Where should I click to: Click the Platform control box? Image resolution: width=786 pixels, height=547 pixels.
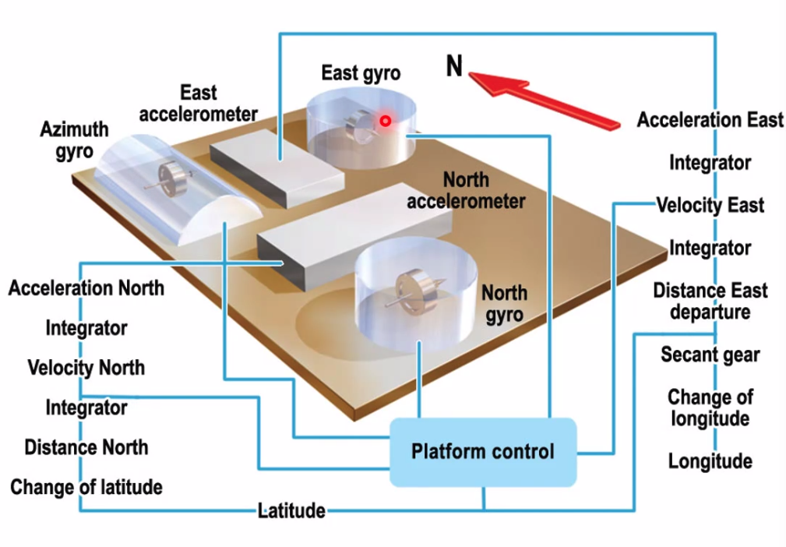pos(482,452)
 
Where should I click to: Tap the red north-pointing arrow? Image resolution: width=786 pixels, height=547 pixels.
pos(545,97)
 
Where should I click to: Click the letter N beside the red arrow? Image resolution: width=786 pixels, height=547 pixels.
pos(454,67)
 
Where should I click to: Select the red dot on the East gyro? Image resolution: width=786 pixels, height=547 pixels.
pos(385,122)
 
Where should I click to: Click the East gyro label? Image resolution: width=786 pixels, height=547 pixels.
pos(361,73)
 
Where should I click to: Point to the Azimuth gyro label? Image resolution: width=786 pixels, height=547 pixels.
pos(74,140)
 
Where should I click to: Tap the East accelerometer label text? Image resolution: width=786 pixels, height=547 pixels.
pos(198,104)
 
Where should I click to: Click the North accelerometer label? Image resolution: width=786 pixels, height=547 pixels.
pos(466,190)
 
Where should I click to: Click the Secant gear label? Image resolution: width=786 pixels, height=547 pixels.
pos(710,355)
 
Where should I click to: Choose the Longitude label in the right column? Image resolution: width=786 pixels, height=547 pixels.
pos(710,461)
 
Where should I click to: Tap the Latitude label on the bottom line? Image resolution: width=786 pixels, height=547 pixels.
pos(291,511)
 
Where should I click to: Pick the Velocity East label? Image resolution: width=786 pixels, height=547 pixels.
pos(710,206)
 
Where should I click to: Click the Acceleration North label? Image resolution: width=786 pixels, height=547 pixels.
pos(86,288)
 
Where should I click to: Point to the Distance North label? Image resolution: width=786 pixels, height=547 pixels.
pos(86,447)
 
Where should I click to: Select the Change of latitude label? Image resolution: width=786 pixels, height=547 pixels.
pos(86,488)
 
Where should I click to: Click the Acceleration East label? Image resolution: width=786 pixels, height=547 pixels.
pos(710,120)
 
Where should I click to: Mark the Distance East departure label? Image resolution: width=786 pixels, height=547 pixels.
pos(710,301)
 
